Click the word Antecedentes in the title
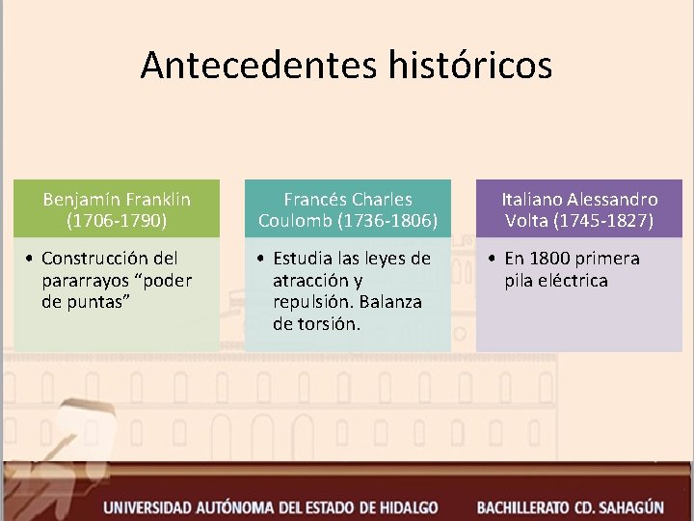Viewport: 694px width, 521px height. [258, 66]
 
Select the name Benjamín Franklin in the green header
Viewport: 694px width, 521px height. [117, 200]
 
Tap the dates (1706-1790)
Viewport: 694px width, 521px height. [117, 221]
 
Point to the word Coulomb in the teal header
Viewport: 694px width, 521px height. [295, 221]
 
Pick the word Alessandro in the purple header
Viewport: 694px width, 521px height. [612, 200]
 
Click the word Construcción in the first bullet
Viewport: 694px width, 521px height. [96, 259]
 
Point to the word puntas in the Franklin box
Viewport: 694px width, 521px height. [97, 302]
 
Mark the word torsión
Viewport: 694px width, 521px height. [329, 324]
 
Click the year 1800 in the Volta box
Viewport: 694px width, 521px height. [550, 259]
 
